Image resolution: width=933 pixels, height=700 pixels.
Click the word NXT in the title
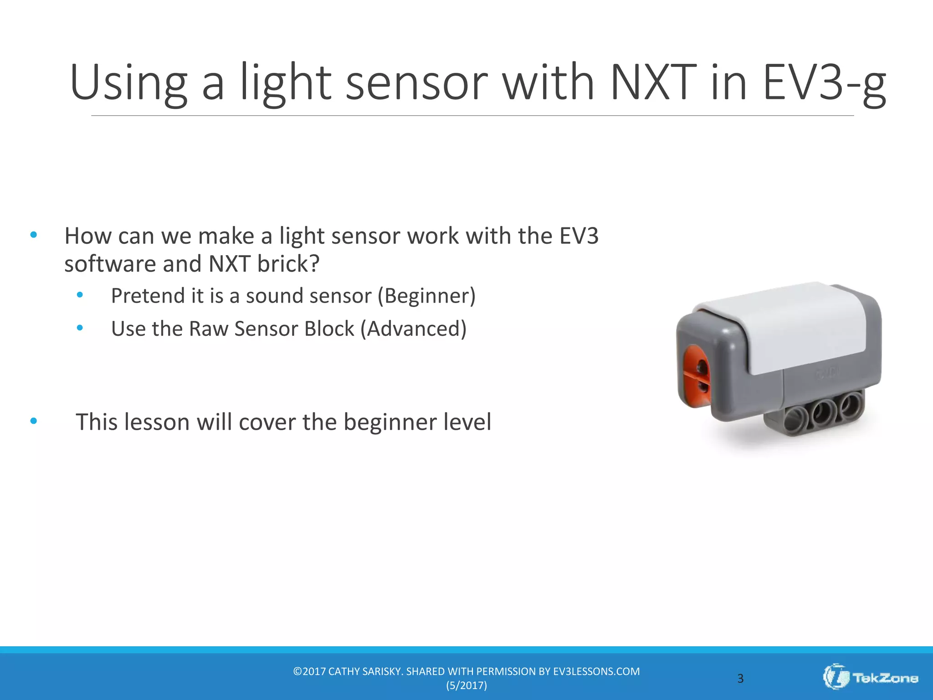pos(653,82)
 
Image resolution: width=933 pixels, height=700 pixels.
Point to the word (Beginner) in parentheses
pos(426,296)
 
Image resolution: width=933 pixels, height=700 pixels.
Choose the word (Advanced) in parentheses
pos(414,329)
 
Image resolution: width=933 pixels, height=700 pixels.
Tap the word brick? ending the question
pos(288,264)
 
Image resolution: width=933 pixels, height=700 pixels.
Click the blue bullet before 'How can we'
pos(33,235)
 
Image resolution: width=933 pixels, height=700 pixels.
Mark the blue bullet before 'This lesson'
pos(33,421)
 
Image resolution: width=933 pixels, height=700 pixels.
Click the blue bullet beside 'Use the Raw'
pos(80,328)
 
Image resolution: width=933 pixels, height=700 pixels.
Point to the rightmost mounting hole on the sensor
pos(850,404)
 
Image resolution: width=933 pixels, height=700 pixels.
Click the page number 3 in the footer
pos(740,679)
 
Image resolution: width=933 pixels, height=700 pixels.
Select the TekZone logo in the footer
pos(870,678)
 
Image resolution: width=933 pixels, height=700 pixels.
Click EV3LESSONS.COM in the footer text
pos(596,671)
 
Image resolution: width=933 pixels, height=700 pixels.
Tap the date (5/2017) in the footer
pos(466,685)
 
